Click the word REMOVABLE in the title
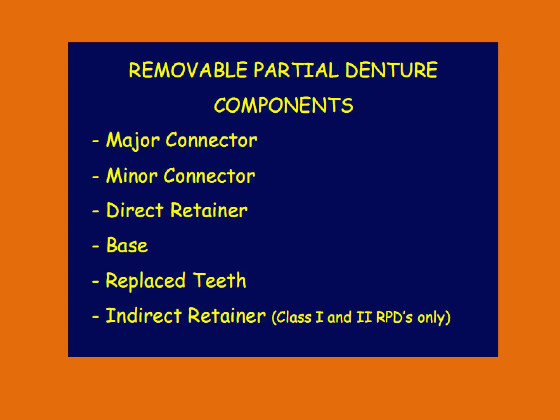(x=188, y=70)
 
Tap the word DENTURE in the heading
(x=391, y=70)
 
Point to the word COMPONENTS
(x=284, y=105)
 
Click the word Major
(x=132, y=141)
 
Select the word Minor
(x=132, y=176)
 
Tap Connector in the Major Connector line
(x=211, y=141)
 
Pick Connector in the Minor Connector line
(x=209, y=176)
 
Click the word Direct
(x=135, y=210)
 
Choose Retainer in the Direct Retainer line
(x=209, y=210)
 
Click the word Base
(x=127, y=245)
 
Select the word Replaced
(x=145, y=281)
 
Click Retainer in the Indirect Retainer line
(x=227, y=316)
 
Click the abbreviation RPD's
(x=394, y=317)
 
